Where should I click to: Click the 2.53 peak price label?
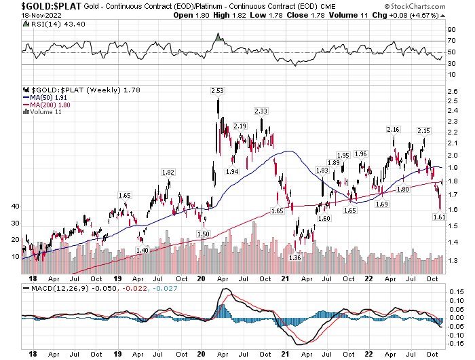[x=218, y=90]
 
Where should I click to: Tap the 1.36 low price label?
[x=294, y=258]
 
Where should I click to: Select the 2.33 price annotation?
[x=261, y=111]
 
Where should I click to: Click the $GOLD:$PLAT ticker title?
[x=25, y=5]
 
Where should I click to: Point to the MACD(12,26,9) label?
[x=52, y=288]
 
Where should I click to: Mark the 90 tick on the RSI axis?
[x=451, y=31]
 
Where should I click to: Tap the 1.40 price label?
[x=142, y=251]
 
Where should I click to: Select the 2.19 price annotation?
[x=239, y=126]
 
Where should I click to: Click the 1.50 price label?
[x=203, y=234]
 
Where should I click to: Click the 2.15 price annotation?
[x=423, y=130]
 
